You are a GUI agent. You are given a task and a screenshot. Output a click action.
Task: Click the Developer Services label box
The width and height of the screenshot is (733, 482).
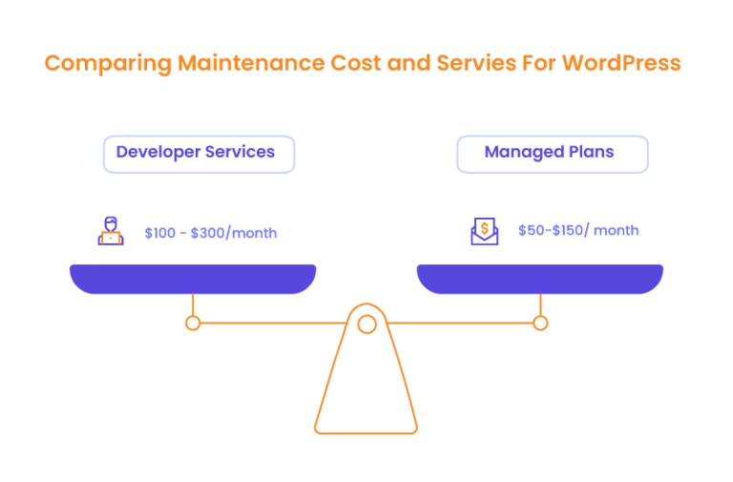pos(199,154)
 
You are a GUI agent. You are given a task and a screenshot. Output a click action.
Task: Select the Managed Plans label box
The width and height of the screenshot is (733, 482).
pos(552,154)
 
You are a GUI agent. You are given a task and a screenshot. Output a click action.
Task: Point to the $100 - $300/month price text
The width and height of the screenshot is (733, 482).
pos(211,233)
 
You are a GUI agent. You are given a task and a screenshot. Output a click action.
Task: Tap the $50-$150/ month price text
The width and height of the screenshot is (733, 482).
pos(578,231)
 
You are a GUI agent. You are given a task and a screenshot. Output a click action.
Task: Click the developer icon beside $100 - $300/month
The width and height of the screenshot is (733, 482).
pos(112,231)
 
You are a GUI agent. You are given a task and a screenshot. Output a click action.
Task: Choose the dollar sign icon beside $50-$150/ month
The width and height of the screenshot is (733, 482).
pos(485,231)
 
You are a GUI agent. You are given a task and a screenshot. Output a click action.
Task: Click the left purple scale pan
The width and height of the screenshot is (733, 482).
pos(192,278)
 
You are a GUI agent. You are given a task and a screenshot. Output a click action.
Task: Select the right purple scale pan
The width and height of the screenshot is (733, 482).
pos(539,278)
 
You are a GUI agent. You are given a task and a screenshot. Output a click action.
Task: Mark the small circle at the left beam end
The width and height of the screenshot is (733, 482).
pos(193,324)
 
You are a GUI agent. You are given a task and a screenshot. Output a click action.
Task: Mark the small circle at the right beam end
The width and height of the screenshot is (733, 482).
pos(540,324)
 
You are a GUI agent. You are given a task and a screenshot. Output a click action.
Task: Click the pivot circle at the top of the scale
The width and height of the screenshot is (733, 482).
pos(366,325)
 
